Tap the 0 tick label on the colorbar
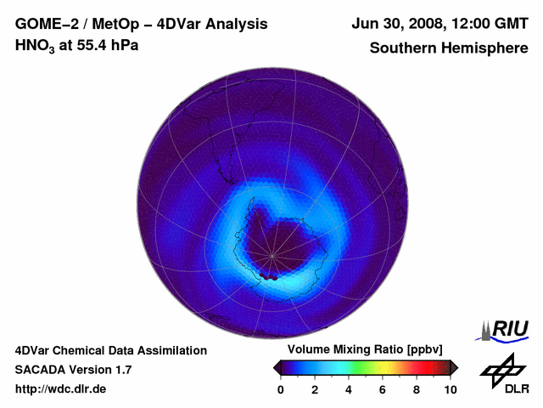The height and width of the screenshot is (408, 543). click(281, 389)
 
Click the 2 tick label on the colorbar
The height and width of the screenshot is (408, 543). click(315, 389)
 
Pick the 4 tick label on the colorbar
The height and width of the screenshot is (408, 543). click(349, 389)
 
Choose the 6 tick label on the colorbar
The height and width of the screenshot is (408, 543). click(383, 389)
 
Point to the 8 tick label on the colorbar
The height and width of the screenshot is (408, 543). click(417, 389)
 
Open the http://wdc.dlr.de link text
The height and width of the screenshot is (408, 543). click(61, 389)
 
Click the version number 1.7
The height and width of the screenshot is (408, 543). click(122, 370)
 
